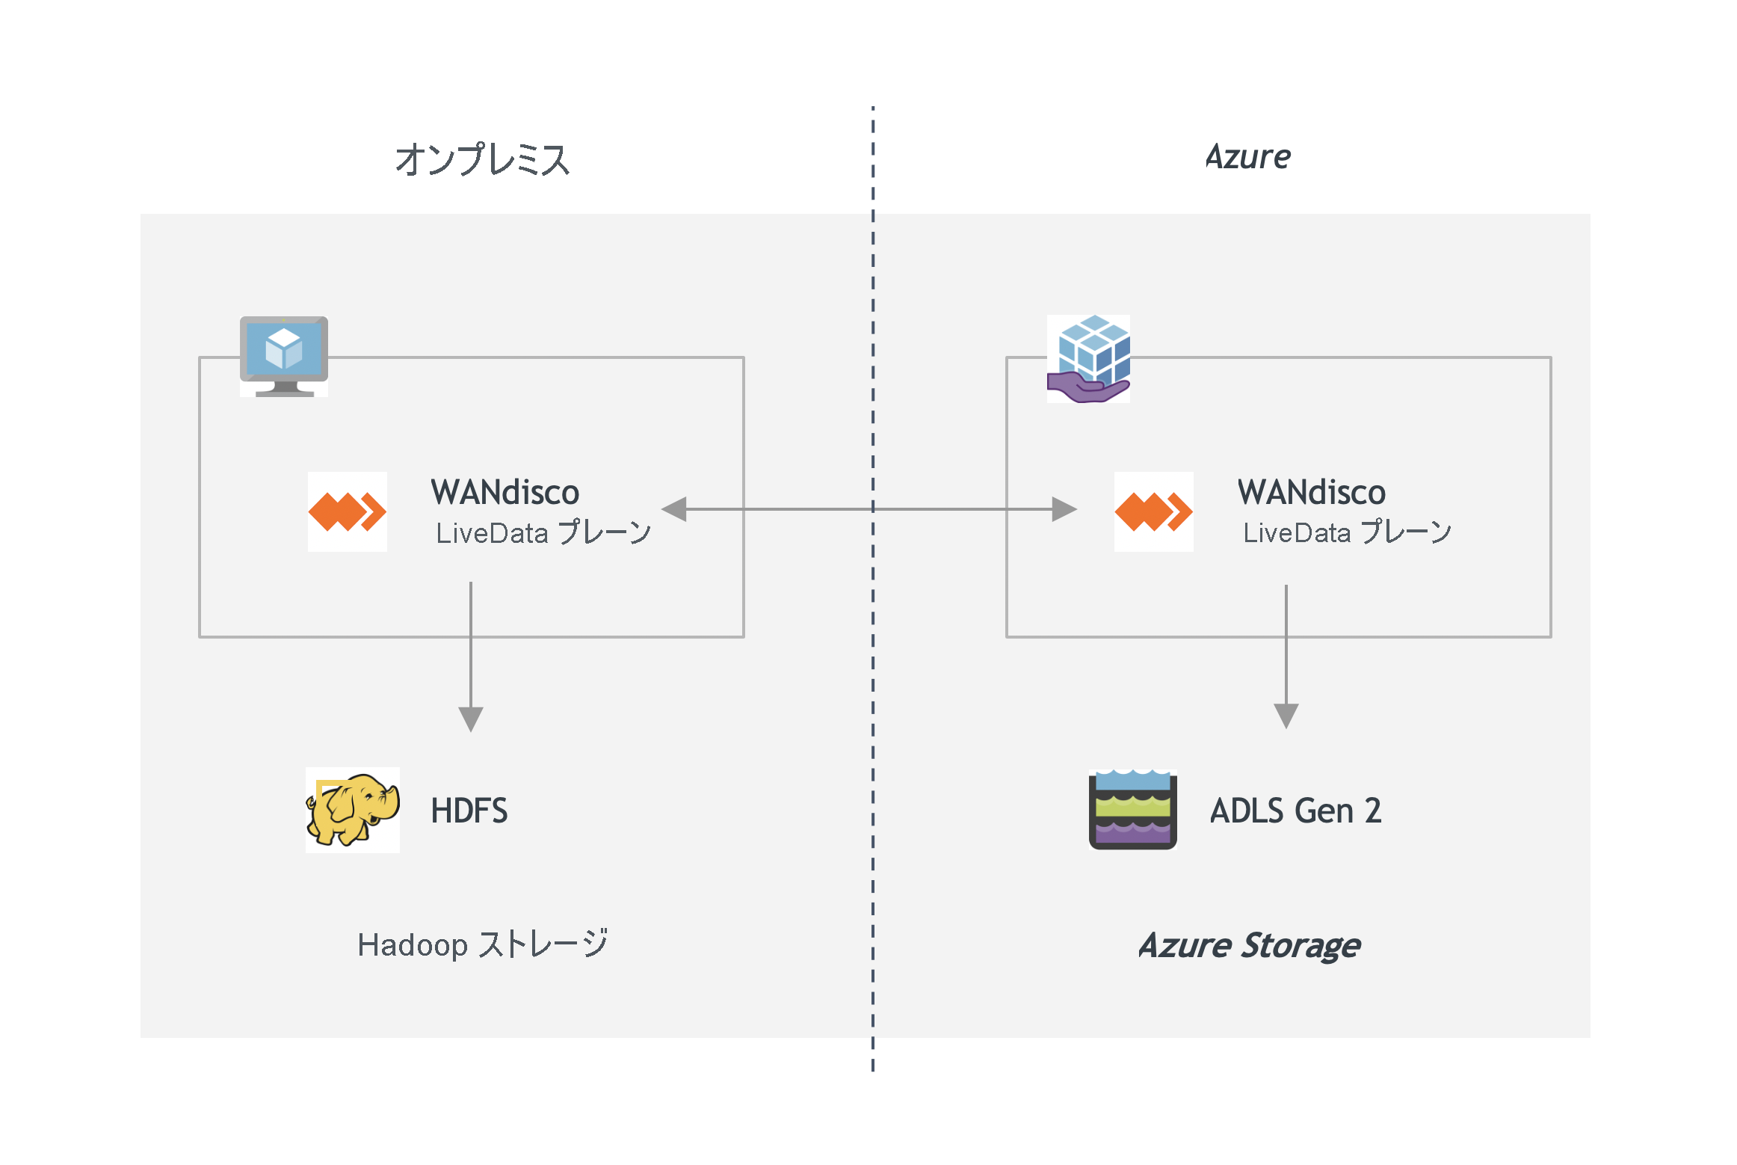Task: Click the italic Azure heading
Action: click(x=1247, y=157)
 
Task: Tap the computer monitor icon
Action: click(x=284, y=354)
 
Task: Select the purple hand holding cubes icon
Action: click(x=1088, y=359)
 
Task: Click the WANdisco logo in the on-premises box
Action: click(x=348, y=512)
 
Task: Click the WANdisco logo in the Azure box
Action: click(x=1153, y=512)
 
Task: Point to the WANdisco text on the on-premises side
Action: click(x=505, y=492)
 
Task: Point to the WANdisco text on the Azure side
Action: click(x=1311, y=492)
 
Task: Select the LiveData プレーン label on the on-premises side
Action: click(x=543, y=532)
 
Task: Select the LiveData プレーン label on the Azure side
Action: click(x=1347, y=532)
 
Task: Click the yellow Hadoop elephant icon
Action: click(x=353, y=810)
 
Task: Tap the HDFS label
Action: click(x=469, y=811)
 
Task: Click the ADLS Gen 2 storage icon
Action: click(x=1132, y=810)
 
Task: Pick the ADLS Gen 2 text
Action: click(x=1295, y=811)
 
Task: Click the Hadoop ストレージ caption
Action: click(x=482, y=944)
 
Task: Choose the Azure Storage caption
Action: click(x=1249, y=945)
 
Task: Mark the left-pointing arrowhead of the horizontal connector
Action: click(x=675, y=509)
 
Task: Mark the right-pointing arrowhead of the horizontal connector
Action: click(x=1064, y=509)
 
